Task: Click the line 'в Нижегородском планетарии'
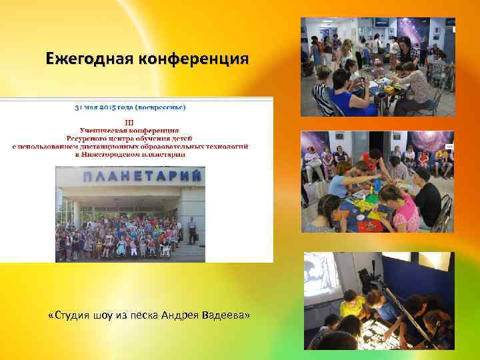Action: [x=130, y=154]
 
